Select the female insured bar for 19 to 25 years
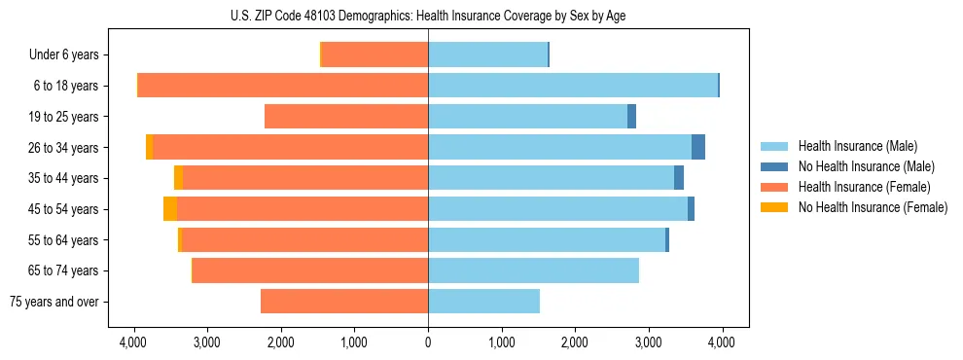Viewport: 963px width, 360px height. pyautogui.click(x=346, y=117)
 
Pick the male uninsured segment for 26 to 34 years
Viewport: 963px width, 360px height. pyautogui.click(x=698, y=147)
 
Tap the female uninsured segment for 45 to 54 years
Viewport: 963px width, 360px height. pyautogui.click(x=170, y=209)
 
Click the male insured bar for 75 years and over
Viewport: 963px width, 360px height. pyautogui.click(x=483, y=302)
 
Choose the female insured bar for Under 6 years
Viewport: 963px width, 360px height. pyautogui.click(x=374, y=55)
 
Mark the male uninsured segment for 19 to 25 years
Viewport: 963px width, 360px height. pyautogui.click(x=631, y=117)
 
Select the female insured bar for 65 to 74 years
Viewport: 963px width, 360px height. pyautogui.click(x=310, y=270)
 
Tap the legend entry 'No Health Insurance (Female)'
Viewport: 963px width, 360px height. pyautogui.click(x=873, y=207)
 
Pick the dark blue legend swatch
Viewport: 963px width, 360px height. pyautogui.click(x=774, y=166)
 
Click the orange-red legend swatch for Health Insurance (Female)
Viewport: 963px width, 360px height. pyautogui.click(x=774, y=187)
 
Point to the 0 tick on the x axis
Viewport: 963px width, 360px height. pyautogui.click(x=428, y=342)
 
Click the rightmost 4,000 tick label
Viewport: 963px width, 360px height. pyautogui.click(x=721, y=342)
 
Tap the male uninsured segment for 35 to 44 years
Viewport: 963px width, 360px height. pyautogui.click(x=679, y=178)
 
